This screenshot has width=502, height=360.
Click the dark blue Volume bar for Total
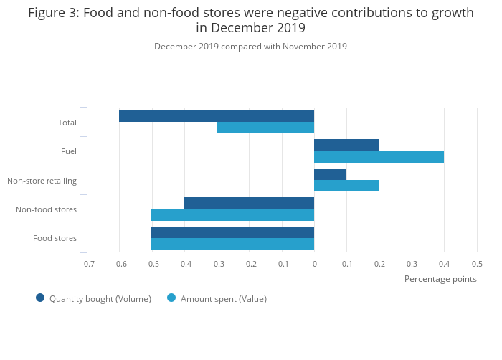(217, 116)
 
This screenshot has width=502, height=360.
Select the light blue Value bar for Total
(265, 128)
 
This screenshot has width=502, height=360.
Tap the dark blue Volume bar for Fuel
(346, 145)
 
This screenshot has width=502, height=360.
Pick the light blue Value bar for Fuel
(379, 157)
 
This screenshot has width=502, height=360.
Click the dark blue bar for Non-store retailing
(330, 174)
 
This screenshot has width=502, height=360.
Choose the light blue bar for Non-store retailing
(346, 186)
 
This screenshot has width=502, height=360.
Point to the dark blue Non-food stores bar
(249, 203)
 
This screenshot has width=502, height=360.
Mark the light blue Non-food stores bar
(232, 214)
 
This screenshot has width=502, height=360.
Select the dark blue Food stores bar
(232, 232)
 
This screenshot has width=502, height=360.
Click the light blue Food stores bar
(232, 244)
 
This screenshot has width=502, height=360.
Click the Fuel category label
(69, 151)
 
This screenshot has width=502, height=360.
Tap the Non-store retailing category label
(42, 181)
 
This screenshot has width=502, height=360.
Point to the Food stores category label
(55, 238)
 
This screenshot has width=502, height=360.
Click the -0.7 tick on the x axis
(87, 264)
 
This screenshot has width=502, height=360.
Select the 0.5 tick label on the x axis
(477, 264)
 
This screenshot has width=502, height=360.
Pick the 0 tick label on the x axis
(314, 264)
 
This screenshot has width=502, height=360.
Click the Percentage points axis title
(440, 279)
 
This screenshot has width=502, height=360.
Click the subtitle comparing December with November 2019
(250, 47)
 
